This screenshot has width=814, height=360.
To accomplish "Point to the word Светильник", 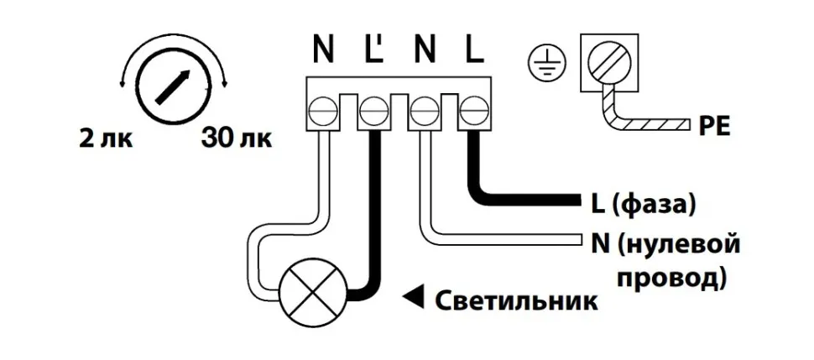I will click(x=517, y=299).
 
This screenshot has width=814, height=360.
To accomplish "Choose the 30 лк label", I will click(x=235, y=137).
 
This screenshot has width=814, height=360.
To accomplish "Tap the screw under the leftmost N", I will click(x=323, y=110).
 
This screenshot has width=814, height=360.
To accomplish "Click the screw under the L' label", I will click(x=372, y=110).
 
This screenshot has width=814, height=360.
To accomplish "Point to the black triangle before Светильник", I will click(x=414, y=296).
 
